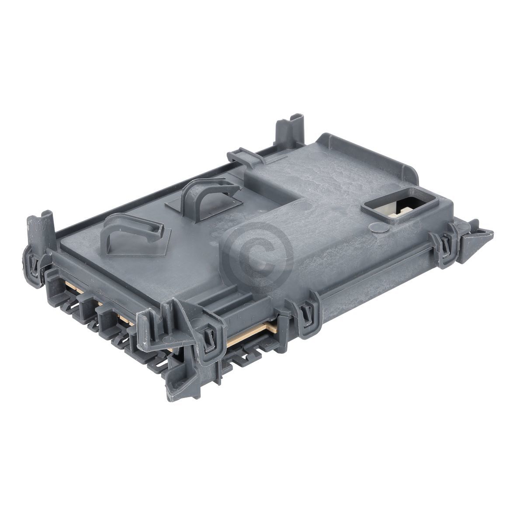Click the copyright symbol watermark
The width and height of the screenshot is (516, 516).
pyautogui.click(x=258, y=253)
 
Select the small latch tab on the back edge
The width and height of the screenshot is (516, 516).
pyautogui.click(x=242, y=158)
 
